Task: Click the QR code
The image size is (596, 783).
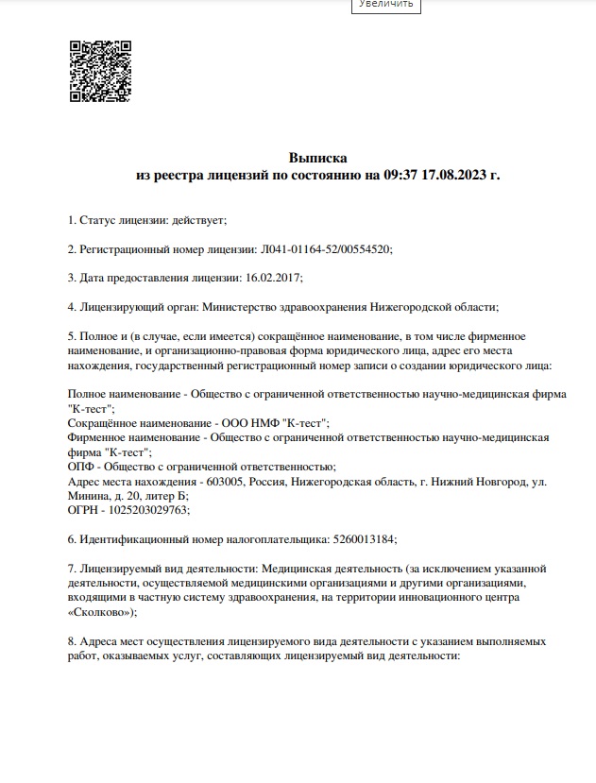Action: pos(100,71)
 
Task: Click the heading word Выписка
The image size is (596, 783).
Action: pos(318,158)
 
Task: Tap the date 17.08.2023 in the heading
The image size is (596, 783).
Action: pos(457,175)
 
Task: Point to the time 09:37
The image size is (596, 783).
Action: pos(401,175)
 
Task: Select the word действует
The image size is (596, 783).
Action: pos(198,220)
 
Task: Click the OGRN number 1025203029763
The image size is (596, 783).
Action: pos(150,510)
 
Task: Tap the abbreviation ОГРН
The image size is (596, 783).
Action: pos(85,510)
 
